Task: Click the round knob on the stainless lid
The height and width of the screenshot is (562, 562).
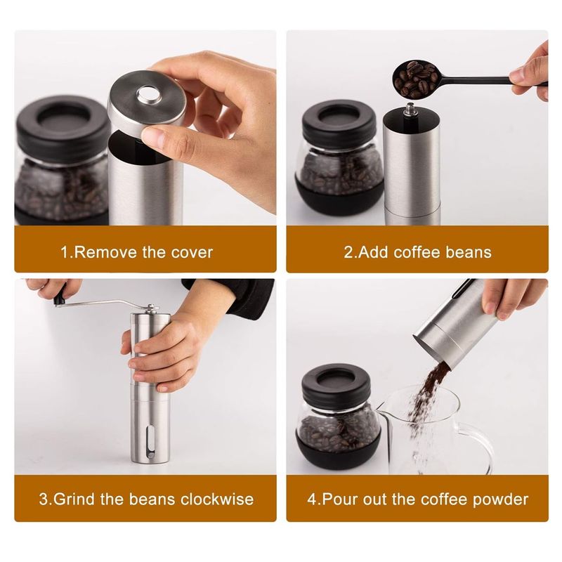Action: point(148,94)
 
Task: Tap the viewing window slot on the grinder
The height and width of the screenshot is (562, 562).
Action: point(151,442)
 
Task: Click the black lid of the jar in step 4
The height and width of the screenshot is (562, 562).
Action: point(336,382)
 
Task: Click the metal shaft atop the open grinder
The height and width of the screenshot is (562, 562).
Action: point(411,110)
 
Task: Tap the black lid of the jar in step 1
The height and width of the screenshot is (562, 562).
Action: point(63,122)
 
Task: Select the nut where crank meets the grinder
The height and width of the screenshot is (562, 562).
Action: point(152,308)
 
